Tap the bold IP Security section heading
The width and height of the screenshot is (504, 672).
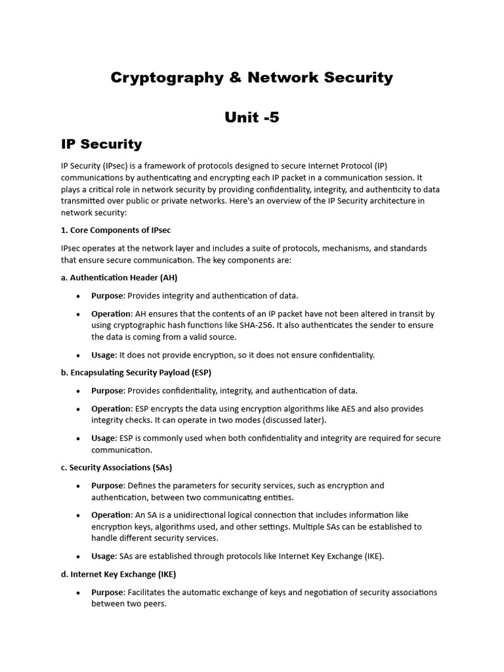point(101,144)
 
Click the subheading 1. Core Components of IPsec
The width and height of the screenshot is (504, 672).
point(115,230)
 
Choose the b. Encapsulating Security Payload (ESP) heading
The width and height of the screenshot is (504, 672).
point(136,373)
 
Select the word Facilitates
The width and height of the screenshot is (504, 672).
point(150,592)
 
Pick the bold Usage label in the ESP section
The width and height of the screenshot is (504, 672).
point(103,438)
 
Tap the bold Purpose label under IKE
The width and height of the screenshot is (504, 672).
point(107,592)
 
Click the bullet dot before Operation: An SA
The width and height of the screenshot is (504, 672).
point(78,516)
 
